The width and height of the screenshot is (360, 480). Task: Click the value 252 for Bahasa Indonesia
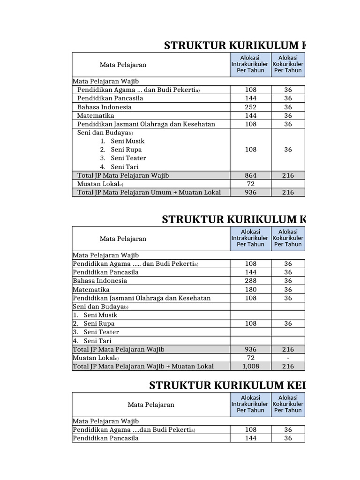coord(251,107)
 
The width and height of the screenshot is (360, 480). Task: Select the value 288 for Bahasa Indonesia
coord(251,281)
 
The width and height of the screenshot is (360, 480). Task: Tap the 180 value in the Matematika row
coord(251,290)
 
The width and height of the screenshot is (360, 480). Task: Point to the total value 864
coord(251,175)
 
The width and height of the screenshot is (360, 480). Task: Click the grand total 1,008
coord(251,367)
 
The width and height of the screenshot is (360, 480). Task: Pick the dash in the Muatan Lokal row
coord(288,358)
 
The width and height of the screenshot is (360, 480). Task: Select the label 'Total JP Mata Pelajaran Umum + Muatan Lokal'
coord(149,192)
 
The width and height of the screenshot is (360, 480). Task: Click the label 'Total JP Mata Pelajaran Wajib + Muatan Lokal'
coord(143,367)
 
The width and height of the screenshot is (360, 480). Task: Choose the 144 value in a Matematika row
coord(251,115)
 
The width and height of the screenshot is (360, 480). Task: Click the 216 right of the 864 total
coord(288,175)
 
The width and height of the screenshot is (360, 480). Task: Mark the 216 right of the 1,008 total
coord(288,367)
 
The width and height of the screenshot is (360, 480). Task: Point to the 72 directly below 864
coord(251,184)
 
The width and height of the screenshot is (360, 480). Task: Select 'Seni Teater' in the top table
coord(128,158)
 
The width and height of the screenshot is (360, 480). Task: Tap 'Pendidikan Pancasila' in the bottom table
coord(105,438)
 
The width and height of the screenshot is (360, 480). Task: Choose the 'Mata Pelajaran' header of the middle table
coord(123,239)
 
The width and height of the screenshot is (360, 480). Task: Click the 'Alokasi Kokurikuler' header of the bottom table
coord(288,404)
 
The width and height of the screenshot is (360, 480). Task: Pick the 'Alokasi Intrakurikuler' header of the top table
coord(250,64)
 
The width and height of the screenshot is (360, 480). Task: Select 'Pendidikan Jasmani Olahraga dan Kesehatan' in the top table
coord(146,124)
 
